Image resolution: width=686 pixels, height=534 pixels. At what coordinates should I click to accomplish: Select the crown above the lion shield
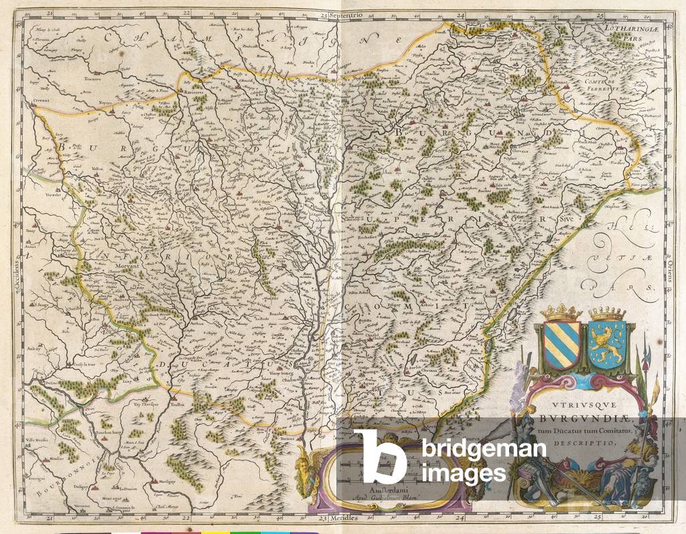coord(606,314)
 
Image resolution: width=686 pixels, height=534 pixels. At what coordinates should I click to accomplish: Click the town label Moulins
coord(55,458)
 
